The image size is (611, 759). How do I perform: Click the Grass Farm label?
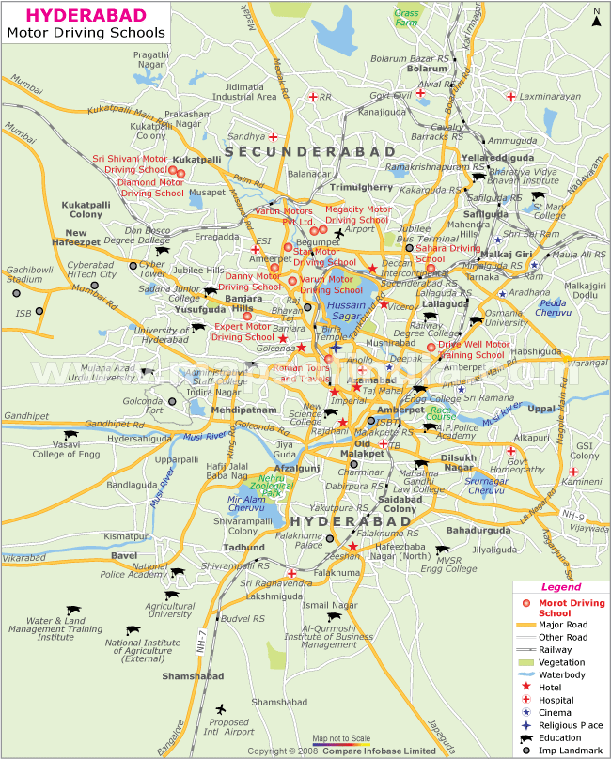pos(407,18)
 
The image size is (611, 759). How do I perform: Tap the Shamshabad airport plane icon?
pos(221,708)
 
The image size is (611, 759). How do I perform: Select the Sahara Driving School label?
pos(447,253)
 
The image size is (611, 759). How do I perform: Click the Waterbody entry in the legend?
pos(562,674)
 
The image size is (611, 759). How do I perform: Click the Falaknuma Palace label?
pos(308,538)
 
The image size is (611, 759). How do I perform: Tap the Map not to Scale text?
pos(341,738)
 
